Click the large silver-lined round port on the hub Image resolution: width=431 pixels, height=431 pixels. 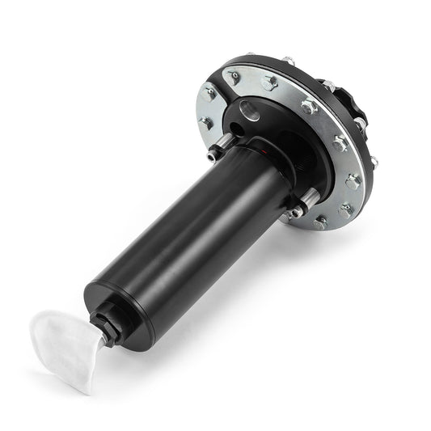250,112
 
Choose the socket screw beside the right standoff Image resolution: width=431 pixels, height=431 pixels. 296,212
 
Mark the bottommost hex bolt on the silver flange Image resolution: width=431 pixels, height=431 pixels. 321,222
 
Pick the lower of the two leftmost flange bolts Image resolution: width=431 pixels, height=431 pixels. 206,123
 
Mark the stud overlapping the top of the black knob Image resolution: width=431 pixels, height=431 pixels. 329,83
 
